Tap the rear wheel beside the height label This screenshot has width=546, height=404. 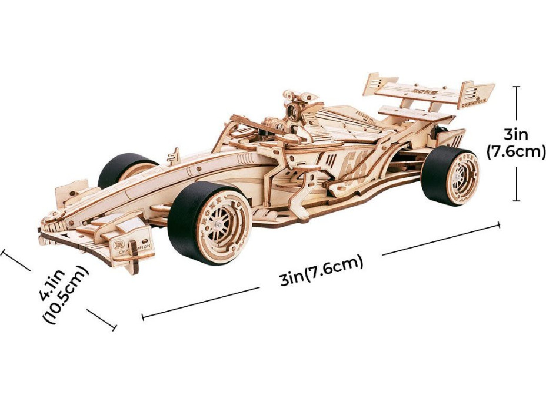click(451, 175)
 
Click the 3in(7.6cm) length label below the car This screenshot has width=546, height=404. click(321, 270)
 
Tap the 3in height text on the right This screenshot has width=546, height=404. click(516, 133)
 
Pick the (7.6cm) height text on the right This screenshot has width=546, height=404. click(516, 151)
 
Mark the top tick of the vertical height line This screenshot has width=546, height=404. click(516, 87)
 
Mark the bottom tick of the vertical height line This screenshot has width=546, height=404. click(516, 201)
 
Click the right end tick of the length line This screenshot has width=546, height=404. click(499, 224)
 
